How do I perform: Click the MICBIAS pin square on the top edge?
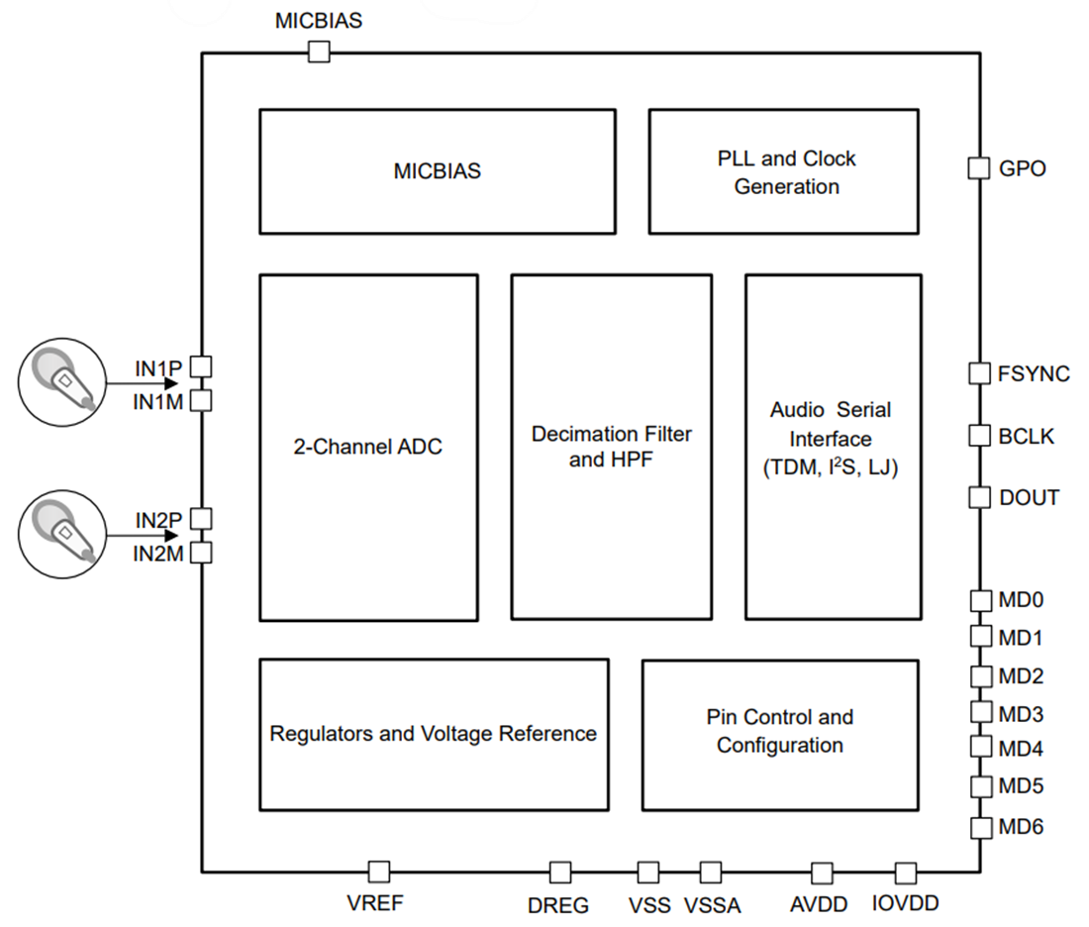(319, 52)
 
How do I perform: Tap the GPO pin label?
(1022, 169)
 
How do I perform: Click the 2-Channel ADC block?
(368, 448)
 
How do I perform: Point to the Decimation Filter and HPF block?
(611, 448)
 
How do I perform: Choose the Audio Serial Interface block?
(833, 448)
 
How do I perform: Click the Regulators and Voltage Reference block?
(434, 734)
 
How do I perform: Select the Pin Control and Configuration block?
(780, 734)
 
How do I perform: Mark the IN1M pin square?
(201, 400)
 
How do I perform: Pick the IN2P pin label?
(158, 519)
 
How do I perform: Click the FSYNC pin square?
(979, 373)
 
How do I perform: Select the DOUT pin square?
(979, 497)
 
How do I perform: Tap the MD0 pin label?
(1020, 600)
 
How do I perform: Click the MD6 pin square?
(979, 827)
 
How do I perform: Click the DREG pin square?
(560, 873)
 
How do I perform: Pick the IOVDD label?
(906, 903)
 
